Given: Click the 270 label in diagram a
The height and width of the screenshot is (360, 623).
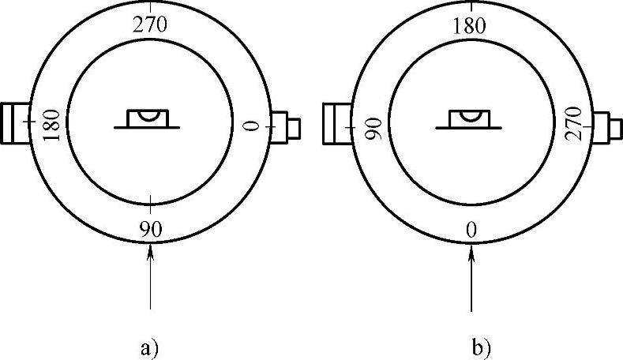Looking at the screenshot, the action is (150, 24).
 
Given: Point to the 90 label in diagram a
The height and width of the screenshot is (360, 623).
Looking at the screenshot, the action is (150, 230).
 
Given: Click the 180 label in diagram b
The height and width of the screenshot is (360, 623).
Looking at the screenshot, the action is (471, 24).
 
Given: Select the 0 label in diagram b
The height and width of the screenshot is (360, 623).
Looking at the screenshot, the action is (471, 230).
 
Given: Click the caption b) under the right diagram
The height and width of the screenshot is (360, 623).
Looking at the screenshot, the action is (482, 347).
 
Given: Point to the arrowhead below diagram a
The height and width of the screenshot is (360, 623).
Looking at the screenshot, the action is (150, 251).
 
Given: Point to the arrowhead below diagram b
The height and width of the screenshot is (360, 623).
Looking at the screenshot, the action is (471, 251).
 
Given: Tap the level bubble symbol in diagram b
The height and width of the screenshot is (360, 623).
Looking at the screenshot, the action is (471, 118).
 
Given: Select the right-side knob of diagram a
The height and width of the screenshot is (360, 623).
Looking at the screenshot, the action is (285, 126).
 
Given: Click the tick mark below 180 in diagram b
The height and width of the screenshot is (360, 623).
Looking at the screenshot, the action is (471, 41).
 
